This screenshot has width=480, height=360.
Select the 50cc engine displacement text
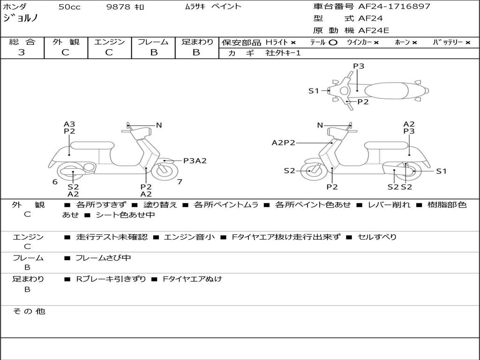coord(68,7)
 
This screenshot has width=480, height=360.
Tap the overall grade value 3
coord(22,52)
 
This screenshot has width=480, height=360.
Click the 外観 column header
coord(66,42)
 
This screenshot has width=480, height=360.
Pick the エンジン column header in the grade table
coord(109,42)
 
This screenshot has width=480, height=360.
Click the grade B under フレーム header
coord(153,52)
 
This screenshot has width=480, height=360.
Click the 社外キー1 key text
coord(283,53)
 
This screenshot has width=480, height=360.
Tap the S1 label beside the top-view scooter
coord(313,91)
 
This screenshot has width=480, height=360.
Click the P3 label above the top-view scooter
coord(359,66)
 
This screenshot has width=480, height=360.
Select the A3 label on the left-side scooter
coord(69,124)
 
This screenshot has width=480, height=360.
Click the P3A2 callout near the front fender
coord(195,161)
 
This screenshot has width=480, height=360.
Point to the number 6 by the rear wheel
coord(55,181)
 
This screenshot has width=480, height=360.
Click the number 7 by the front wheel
coord(180,181)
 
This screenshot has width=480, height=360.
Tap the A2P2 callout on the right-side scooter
coord(283,142)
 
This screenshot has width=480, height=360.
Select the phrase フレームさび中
coord(103,258)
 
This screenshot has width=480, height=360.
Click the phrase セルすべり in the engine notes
coord(377,237)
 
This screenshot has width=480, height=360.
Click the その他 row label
coord(29,311)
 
